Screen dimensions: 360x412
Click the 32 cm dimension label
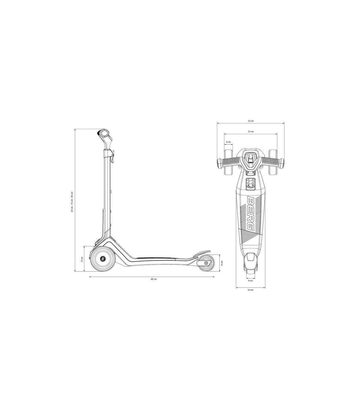click(x=250, y=121)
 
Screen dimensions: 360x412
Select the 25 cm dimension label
click(x=250, y=132)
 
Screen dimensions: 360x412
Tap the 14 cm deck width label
click(x=250, y=290)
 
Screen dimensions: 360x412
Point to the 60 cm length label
click(x=154, y=279)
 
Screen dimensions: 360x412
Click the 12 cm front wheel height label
click(x=82, y=259)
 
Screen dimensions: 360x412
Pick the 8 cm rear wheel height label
click(x=222, y=263)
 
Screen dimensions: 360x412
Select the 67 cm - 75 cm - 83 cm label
click(x=72, y=201)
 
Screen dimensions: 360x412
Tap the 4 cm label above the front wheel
click(x=228, y=142)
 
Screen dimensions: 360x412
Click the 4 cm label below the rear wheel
click(x=250, y=280)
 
